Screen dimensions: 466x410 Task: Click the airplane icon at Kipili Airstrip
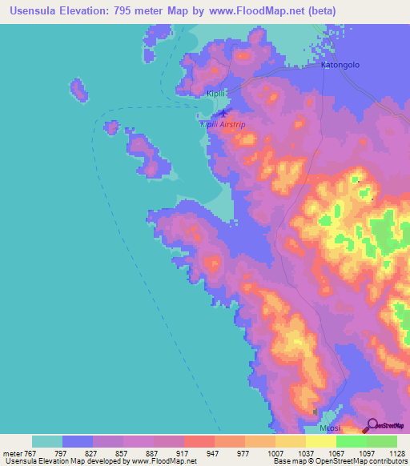point(223,112)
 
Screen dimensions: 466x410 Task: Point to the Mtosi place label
point(329,428)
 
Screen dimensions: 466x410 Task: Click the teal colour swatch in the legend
point(47,441)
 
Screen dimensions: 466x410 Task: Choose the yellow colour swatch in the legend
point(321,441)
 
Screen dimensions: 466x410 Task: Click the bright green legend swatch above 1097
point(352,441)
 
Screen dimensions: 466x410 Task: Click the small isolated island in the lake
point(78,89)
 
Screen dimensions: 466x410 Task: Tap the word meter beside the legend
point(12,452)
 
